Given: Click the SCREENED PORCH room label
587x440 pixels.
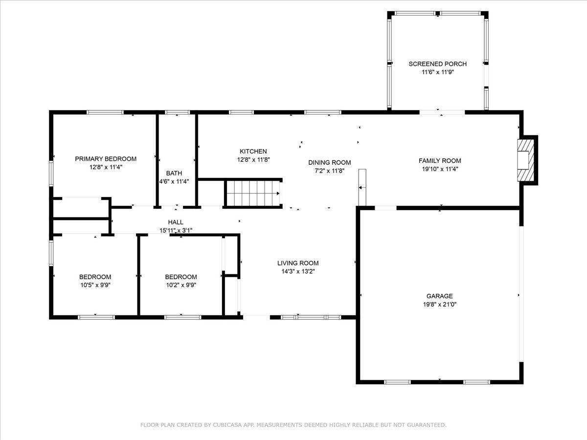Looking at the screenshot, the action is (x=437, y=64).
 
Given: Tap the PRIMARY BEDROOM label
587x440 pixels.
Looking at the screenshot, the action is (x=106, y=159).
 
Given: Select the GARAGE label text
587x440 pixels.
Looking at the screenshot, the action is (x=439, y=296).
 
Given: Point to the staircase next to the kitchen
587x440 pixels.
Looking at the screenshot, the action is (x=253, y=193).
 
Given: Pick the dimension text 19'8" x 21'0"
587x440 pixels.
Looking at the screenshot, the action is (x=439, y=304).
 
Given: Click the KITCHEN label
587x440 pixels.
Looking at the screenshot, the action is (x=253, y=152).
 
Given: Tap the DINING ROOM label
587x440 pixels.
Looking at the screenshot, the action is (x=330, y=162).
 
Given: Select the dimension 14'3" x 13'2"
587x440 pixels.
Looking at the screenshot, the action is (x=298, y=271).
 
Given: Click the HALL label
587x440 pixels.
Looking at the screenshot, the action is (x=176, y=222).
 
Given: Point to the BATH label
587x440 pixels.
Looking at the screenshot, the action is (x=174, y=173).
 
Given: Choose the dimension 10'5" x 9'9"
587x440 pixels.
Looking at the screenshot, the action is (x=95, y=285).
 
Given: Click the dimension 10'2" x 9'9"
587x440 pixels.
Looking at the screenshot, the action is (x=181, y=285).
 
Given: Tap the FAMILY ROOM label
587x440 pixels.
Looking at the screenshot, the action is (x=440, y=160).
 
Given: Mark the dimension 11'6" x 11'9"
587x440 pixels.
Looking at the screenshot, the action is (x=438, y=72).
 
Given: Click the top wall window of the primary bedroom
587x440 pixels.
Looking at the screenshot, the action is (x=105, y=112).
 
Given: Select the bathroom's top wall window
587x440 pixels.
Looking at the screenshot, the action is (x=177, y=112).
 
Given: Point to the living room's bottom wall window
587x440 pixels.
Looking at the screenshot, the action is (x=311, y=317).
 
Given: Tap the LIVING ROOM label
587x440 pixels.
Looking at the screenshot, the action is (x=298, y=263).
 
